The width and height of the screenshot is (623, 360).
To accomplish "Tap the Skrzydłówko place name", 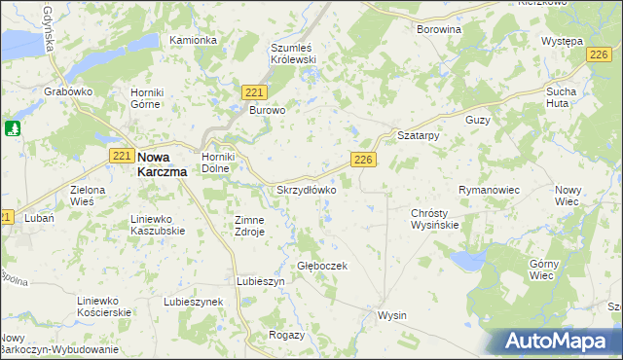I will pyautogui.click(x=307, y=191).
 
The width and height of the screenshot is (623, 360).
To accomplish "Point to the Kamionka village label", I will pyautogui.click(x=193, y=40).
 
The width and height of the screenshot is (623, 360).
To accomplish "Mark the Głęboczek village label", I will pyautogui.click(x=321, y=265).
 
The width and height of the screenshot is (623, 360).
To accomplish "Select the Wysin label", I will pyautogui.click(x=391, y=315).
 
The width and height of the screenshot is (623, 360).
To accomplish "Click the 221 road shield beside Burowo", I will pyautogui.click(x=255, y=91).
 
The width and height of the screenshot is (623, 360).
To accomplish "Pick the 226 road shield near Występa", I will pyautogui.click(x=600, y=57).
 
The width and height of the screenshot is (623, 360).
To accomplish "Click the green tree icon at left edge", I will pyautogui.click(x=13, y=128).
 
